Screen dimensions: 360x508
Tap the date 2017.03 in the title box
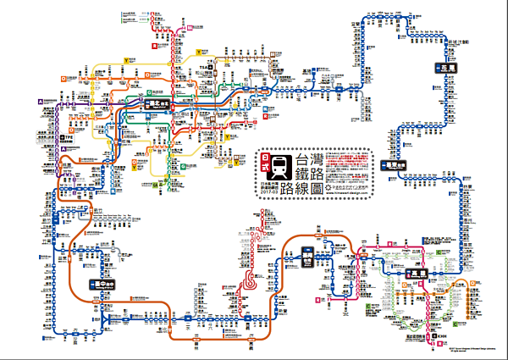pos(273,189)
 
